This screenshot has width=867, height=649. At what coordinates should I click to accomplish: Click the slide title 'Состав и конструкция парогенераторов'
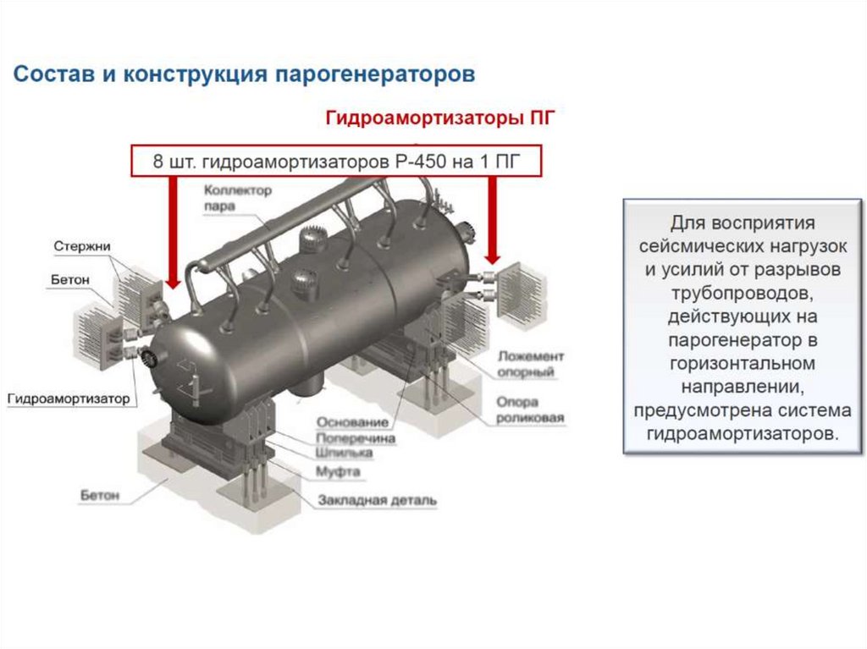click(x=244, y=74)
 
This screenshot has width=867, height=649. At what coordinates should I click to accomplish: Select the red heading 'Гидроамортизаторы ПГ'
click(x=440, y=118)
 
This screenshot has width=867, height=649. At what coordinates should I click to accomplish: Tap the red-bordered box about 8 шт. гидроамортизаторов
click(x=335, y=160)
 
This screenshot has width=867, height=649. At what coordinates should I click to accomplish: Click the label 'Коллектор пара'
click(x=238, y=197)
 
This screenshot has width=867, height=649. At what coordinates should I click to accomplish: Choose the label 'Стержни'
click(x=82, y=246)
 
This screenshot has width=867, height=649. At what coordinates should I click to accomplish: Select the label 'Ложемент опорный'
click(x=531, y=364)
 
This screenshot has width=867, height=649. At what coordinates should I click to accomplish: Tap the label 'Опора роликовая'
click(x=531, y=410)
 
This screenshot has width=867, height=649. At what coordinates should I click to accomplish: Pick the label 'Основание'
click(x=352, y=421)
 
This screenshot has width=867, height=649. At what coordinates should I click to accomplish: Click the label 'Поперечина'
click(x=356, y=438)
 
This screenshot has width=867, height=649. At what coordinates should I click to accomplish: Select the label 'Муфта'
click(x=338, y=470)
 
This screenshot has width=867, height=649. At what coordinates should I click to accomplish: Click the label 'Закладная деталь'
click(x=378, y=500)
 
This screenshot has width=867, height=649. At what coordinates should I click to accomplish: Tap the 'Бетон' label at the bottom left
click(x=100, y=494)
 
